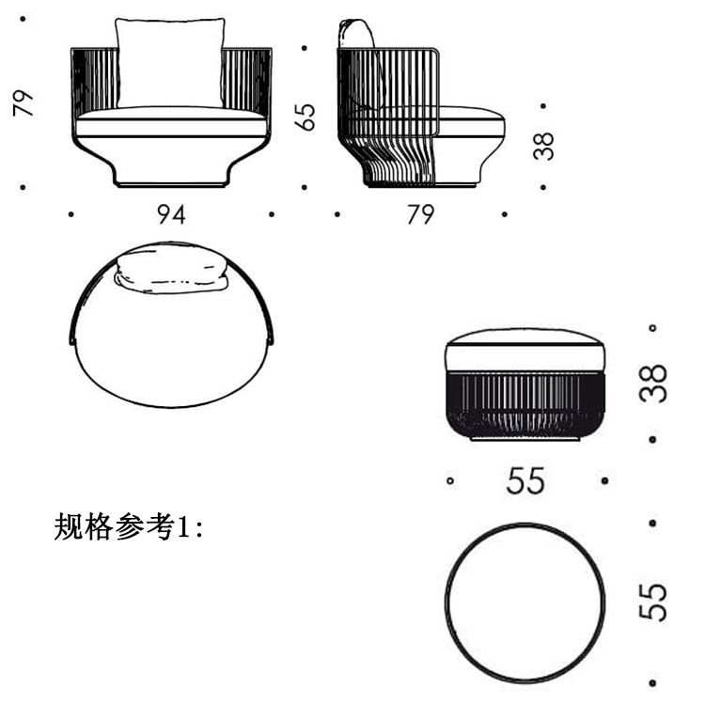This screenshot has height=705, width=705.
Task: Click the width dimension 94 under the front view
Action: tap(171, 214)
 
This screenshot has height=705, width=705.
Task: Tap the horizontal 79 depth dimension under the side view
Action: tap(420, 214)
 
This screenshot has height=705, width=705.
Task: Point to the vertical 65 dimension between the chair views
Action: tap(305, 117)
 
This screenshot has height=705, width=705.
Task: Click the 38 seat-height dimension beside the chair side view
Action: tap(542, 146)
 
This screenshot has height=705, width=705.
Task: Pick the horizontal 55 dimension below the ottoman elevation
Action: tap(525, 481)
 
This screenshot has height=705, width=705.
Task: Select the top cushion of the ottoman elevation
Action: tap(525, 350)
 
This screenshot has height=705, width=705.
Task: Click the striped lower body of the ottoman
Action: tap(525, 404)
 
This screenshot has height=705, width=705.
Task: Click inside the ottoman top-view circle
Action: tap(525, 602)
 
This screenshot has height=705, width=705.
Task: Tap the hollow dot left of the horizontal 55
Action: tap(450, 481)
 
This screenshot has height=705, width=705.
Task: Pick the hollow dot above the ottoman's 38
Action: tap(652, 328)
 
